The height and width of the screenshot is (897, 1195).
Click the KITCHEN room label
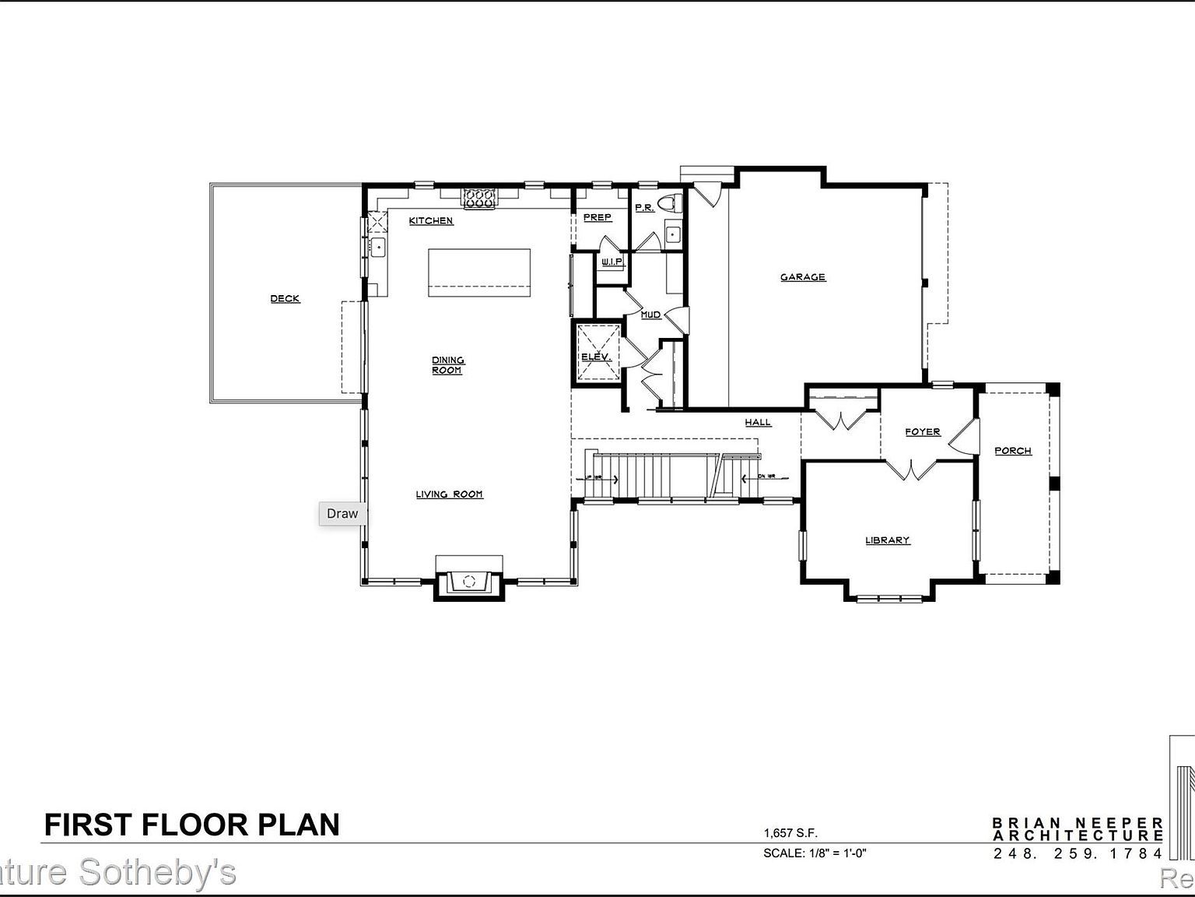click(x=431, y=221)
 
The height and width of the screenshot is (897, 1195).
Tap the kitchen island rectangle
click(x=479, y=272)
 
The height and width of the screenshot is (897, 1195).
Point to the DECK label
click(x=285, y=299)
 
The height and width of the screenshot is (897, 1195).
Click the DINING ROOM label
click(x=447, y=365)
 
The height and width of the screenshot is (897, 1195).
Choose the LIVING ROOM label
click(x=449, y=494)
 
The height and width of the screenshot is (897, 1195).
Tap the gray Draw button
click(x=342, y=514)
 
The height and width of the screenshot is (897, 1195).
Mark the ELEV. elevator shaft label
click(x=597, y=357)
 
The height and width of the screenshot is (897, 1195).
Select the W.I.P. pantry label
click(x=612, y=262)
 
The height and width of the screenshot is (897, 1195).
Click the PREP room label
click(x=597, y=218)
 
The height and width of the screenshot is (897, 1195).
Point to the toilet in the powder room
click(x=669, y=205)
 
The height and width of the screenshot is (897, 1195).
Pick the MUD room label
click(x=650, y=315)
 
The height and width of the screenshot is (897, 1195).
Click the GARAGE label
click(x=803, y=277)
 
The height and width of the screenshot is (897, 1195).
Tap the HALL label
click(x=758, y=423)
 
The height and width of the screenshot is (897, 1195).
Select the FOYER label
click(x=923, y=432)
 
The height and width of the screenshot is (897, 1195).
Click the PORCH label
click(x=1013, y=451)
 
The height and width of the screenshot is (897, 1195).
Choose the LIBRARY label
click(x=888, y=540)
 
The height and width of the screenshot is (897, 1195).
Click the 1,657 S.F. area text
click(x=790, y=833)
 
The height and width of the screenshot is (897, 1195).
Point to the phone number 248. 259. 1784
click(x=1078, y=853)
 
